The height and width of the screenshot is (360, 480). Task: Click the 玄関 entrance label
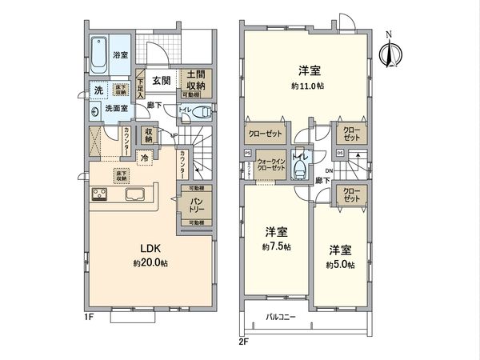tap(160, 80)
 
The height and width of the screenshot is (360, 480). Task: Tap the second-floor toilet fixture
tap(302, 169)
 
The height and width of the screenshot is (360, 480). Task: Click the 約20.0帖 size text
tap(150, 263)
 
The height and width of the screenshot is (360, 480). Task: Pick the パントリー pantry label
tap(196, 205)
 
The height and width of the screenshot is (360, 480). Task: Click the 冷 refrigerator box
tap(145, 158)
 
